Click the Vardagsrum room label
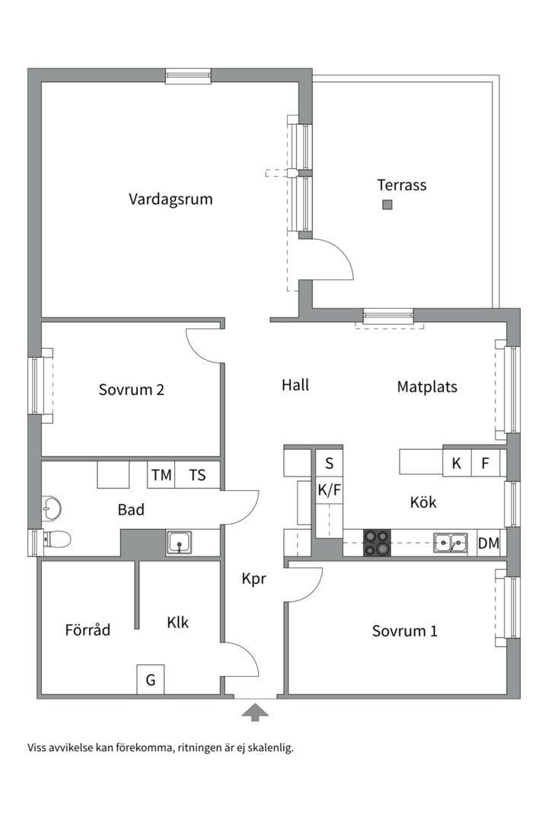click(170, 200)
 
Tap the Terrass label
click(402, 185)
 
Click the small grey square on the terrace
click(387, 204)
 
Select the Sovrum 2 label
click(132, 390)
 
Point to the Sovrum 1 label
click(405, 631)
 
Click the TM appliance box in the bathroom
click(161, 475)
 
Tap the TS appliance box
click(197, 475)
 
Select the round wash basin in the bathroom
click(52, 506)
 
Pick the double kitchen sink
click(451, 543)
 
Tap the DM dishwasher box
click(489, 543)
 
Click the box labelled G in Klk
click(151, 680)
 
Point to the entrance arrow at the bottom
click(256, 712)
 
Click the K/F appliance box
click(330, 491)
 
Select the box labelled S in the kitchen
click(330, 463)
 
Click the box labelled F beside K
click(485, 463)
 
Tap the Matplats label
click(427, 387)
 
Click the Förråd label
click(88, 630)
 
